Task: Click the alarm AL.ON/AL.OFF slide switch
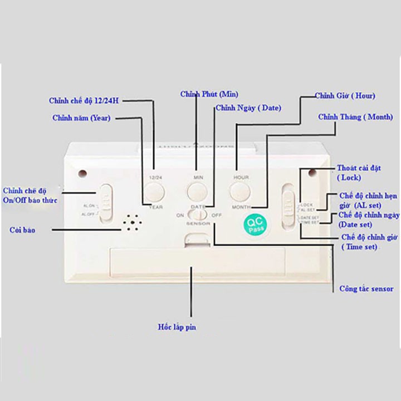[x=106, y=204]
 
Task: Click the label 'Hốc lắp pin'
[x=177, y=327]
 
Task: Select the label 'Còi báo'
[x=22, y=229]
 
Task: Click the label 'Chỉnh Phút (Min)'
[x=209, y=94]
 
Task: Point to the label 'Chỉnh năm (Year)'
[x=81, y=118]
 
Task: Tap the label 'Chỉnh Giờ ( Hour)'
[x=345, y=96]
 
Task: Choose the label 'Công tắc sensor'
[x=366, y=288]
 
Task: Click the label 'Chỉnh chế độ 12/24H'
[x=84, y=101]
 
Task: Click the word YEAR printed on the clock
[x=156, y=207]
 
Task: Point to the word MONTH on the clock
[x=241, y=207]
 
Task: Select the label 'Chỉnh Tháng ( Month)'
[x=355, y=117]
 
